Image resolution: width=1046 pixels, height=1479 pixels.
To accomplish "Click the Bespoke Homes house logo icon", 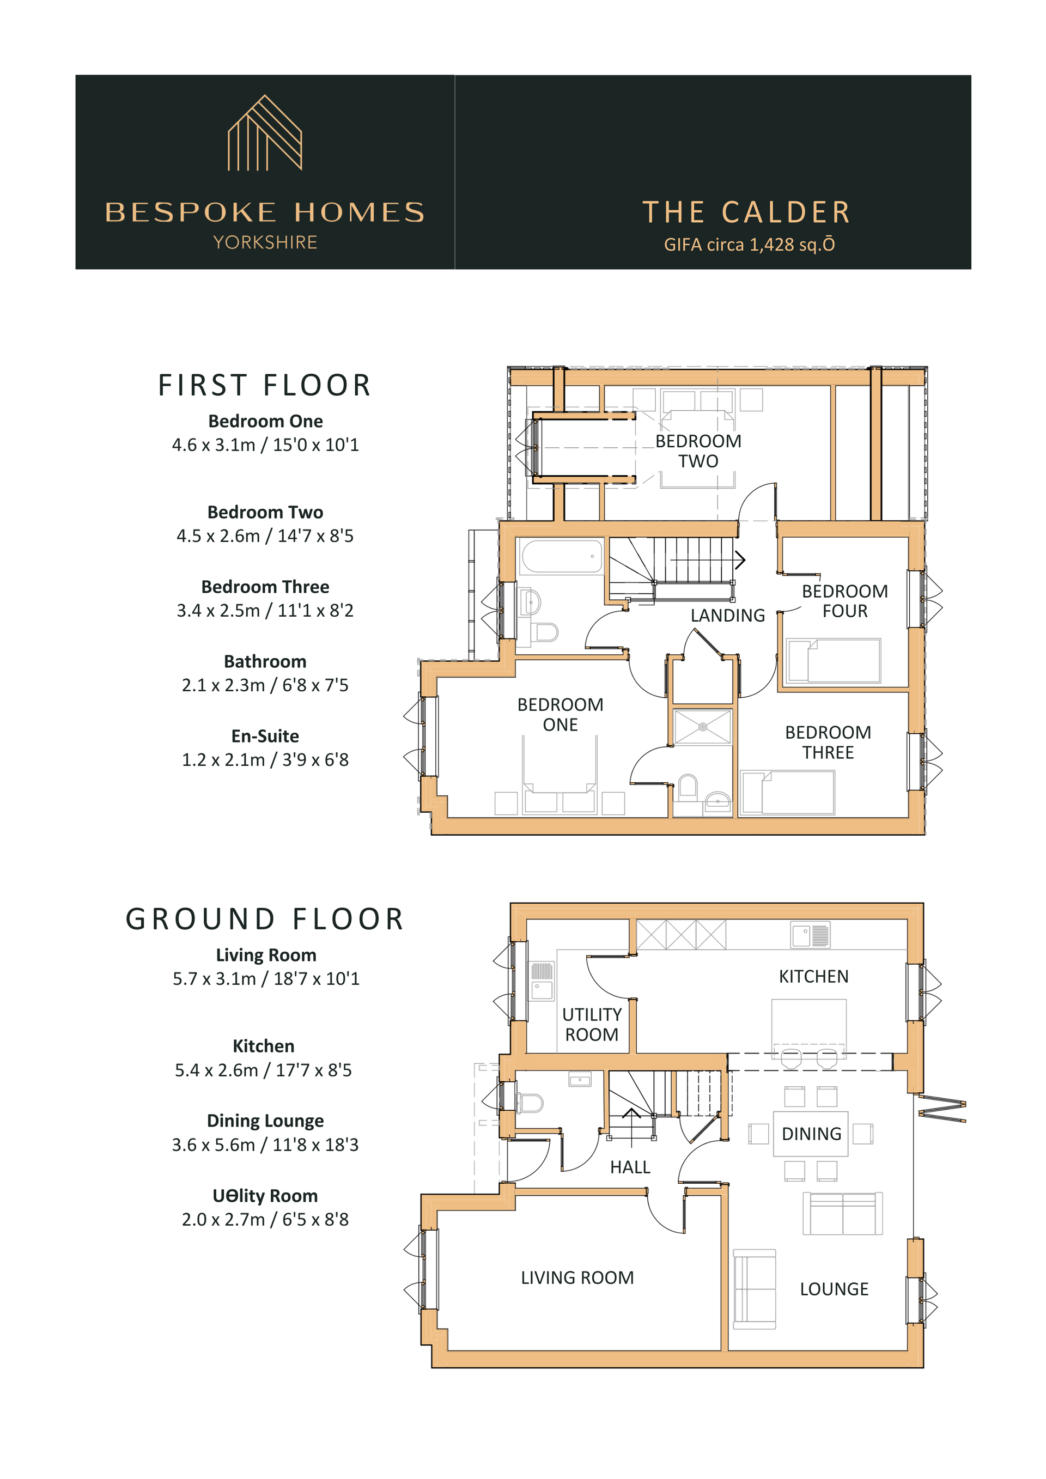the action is (265, 133).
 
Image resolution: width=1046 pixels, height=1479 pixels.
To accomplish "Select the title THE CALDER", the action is (747, 212).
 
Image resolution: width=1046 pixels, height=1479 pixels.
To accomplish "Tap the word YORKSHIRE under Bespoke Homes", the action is (265, 243).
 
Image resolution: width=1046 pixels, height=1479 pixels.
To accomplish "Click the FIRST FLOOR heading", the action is (265, 385).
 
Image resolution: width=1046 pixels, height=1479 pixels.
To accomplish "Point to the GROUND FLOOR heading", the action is (265, 919).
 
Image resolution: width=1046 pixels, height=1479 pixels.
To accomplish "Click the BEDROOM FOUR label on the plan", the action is (844, 601).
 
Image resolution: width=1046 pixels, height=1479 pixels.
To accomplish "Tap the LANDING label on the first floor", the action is (728, 616).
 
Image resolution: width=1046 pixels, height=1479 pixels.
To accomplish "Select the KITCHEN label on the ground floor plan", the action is (813, 977).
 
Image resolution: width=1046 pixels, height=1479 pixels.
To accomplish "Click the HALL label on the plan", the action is (630, 1167).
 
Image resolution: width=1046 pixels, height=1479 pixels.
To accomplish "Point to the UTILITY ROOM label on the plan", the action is (592, 1024).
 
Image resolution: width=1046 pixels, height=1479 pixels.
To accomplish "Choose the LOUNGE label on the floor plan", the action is (834, 1289).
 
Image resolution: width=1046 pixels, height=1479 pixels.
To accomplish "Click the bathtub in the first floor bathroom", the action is (562, 557).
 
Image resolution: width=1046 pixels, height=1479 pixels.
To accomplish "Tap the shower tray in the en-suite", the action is (703, 727).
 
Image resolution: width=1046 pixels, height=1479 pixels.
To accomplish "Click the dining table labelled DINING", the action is (811, 1134).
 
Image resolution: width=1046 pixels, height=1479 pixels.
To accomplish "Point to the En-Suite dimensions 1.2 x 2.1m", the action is (265, 760).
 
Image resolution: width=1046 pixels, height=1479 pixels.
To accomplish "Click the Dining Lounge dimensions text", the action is (265, 1145).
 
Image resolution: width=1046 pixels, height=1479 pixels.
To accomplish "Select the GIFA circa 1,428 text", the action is (750, 245).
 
